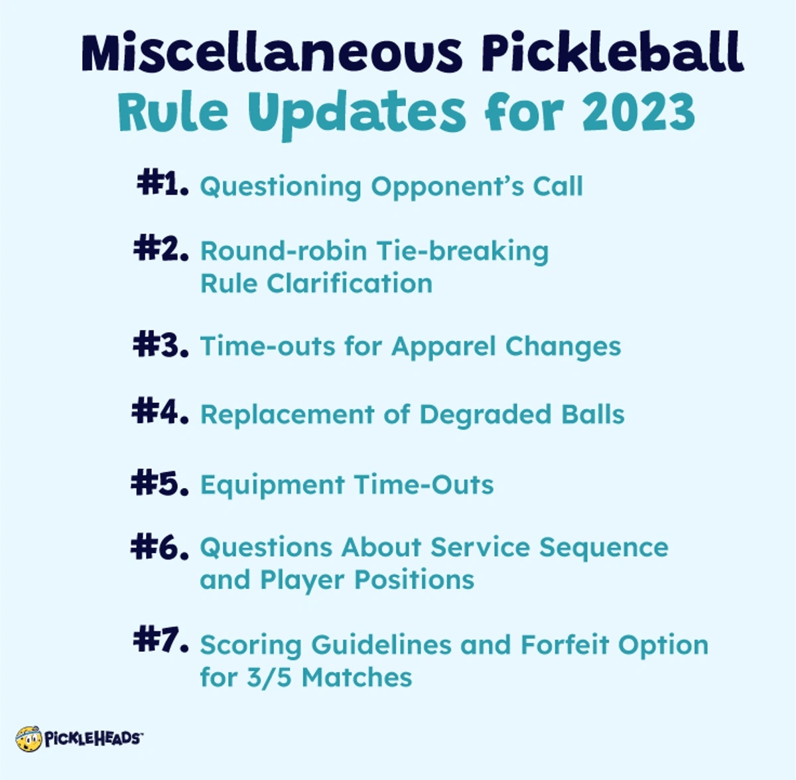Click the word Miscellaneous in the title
271,53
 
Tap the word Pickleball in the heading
612,52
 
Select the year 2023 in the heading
639,112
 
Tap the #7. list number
161,639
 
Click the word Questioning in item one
281,187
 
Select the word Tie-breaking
462,252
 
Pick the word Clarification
350,283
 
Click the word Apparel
443,347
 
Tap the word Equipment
272,485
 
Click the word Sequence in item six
604,548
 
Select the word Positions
415,580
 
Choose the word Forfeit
564,645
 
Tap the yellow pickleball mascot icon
29,739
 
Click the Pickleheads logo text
93,739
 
